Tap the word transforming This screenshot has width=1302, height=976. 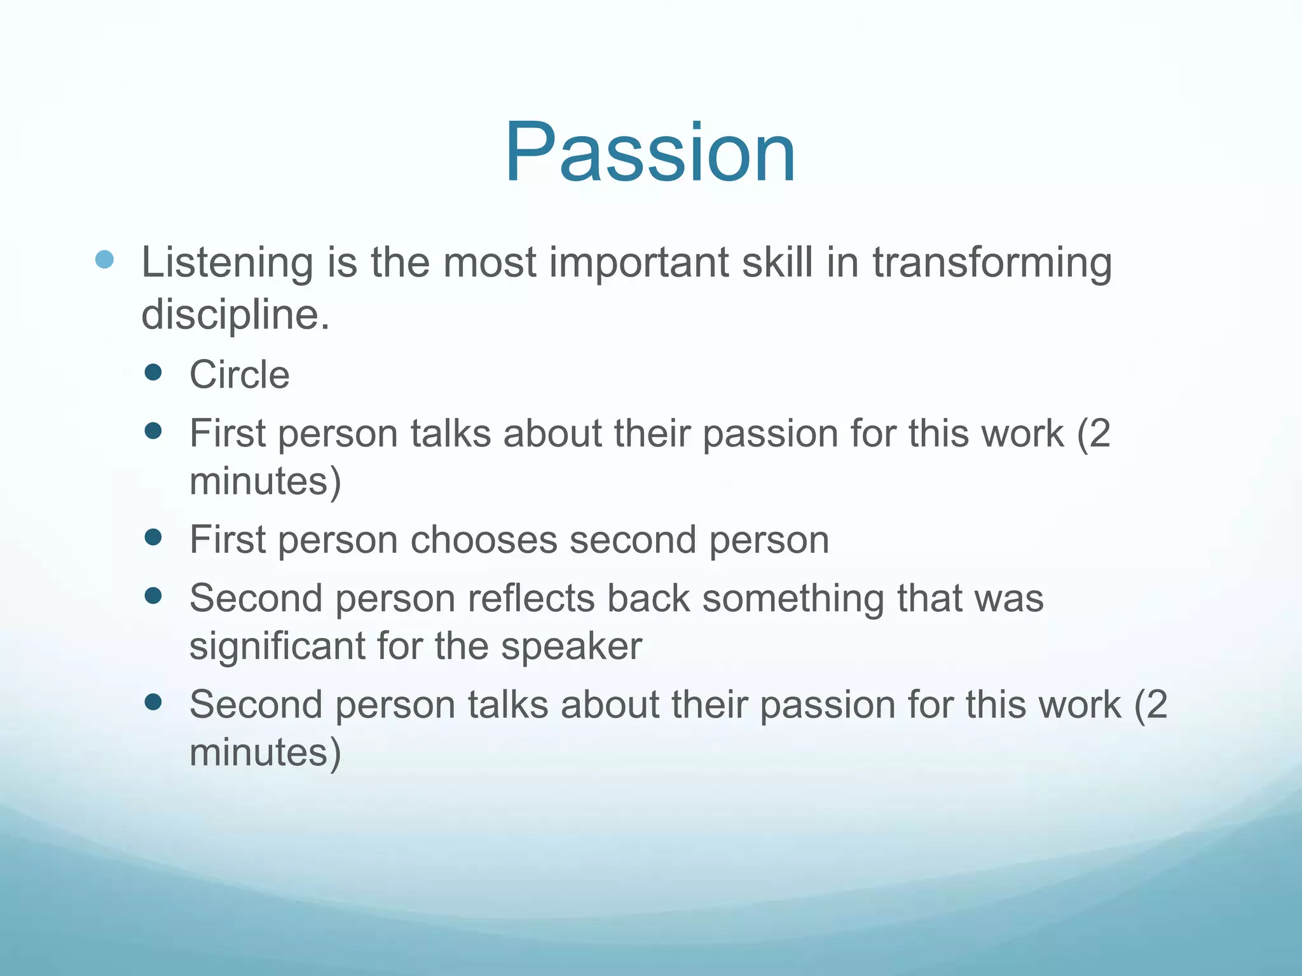tap(992, 263)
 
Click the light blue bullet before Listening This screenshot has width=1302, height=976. tap(104, 259)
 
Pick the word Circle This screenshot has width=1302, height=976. tap(240, 374)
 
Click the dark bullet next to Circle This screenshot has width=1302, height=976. tap(153, 372)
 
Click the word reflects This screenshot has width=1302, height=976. tap(530, 599)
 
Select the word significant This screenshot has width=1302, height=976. tap(277, 646)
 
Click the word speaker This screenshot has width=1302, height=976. tap(571, 646)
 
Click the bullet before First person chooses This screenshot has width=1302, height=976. tap(153, 538)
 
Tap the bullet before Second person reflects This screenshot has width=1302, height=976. tap(153, 596)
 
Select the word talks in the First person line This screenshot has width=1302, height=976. tap(451, 434)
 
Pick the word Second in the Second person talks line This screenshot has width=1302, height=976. tap(256, 705)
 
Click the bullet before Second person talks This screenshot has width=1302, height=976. tap(153, 702)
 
